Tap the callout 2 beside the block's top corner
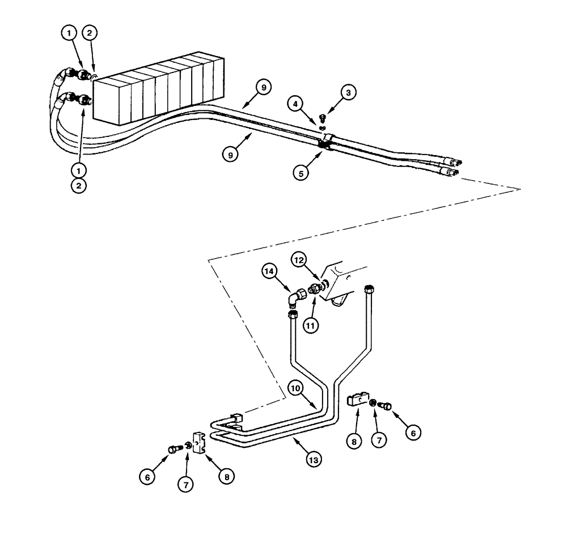[90, 33]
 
